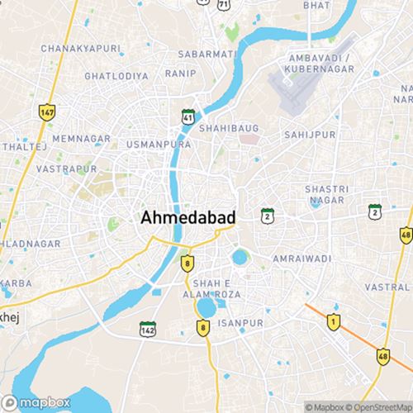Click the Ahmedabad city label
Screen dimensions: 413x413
coord(189,218)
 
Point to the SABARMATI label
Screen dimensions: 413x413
coord(206,55)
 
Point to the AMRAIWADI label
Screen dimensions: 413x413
coord(303,259)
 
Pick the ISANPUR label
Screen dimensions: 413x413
coord(245,322)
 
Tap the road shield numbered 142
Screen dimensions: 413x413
coord(147,328)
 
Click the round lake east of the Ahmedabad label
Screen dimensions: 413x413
coord(240,257)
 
